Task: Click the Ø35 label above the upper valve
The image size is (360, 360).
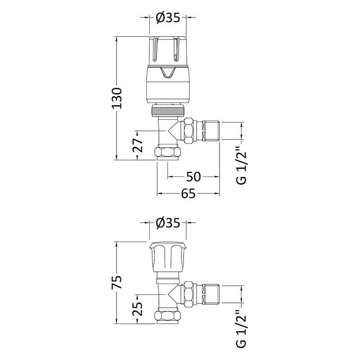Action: click(168, 18)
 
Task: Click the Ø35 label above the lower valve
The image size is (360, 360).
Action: click(168, 223)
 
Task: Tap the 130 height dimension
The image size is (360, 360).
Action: click(117, 98)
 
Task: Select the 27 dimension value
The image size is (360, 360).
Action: click(138, 145)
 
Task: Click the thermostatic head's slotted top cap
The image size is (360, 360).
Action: click(168, 49)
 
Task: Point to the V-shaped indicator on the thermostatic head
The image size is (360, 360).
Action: click(168, 73)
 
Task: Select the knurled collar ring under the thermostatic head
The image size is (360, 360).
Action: click(168, 110)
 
